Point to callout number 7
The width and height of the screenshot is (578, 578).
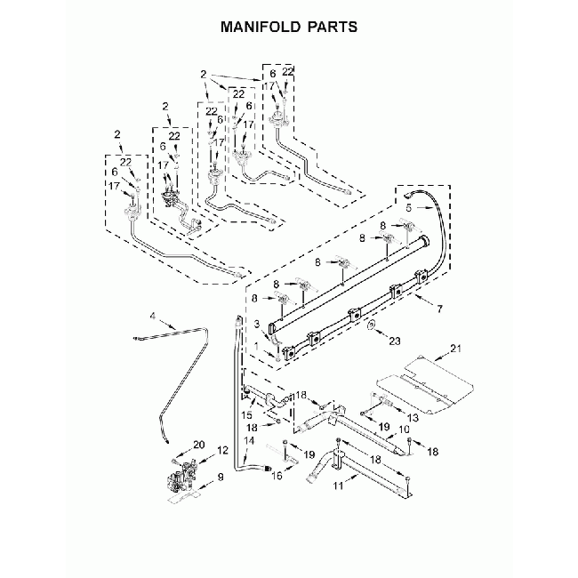[x=438, y=309]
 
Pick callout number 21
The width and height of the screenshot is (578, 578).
[x=457, y=348]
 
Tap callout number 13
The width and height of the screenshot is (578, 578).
[x=412, y=416]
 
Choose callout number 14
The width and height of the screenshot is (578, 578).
[x=249, y=441]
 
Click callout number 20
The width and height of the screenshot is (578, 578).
[x=198, y=444]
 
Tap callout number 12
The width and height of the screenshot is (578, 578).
[x=224, y=452]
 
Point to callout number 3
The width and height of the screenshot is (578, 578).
[x=257, y=324]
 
